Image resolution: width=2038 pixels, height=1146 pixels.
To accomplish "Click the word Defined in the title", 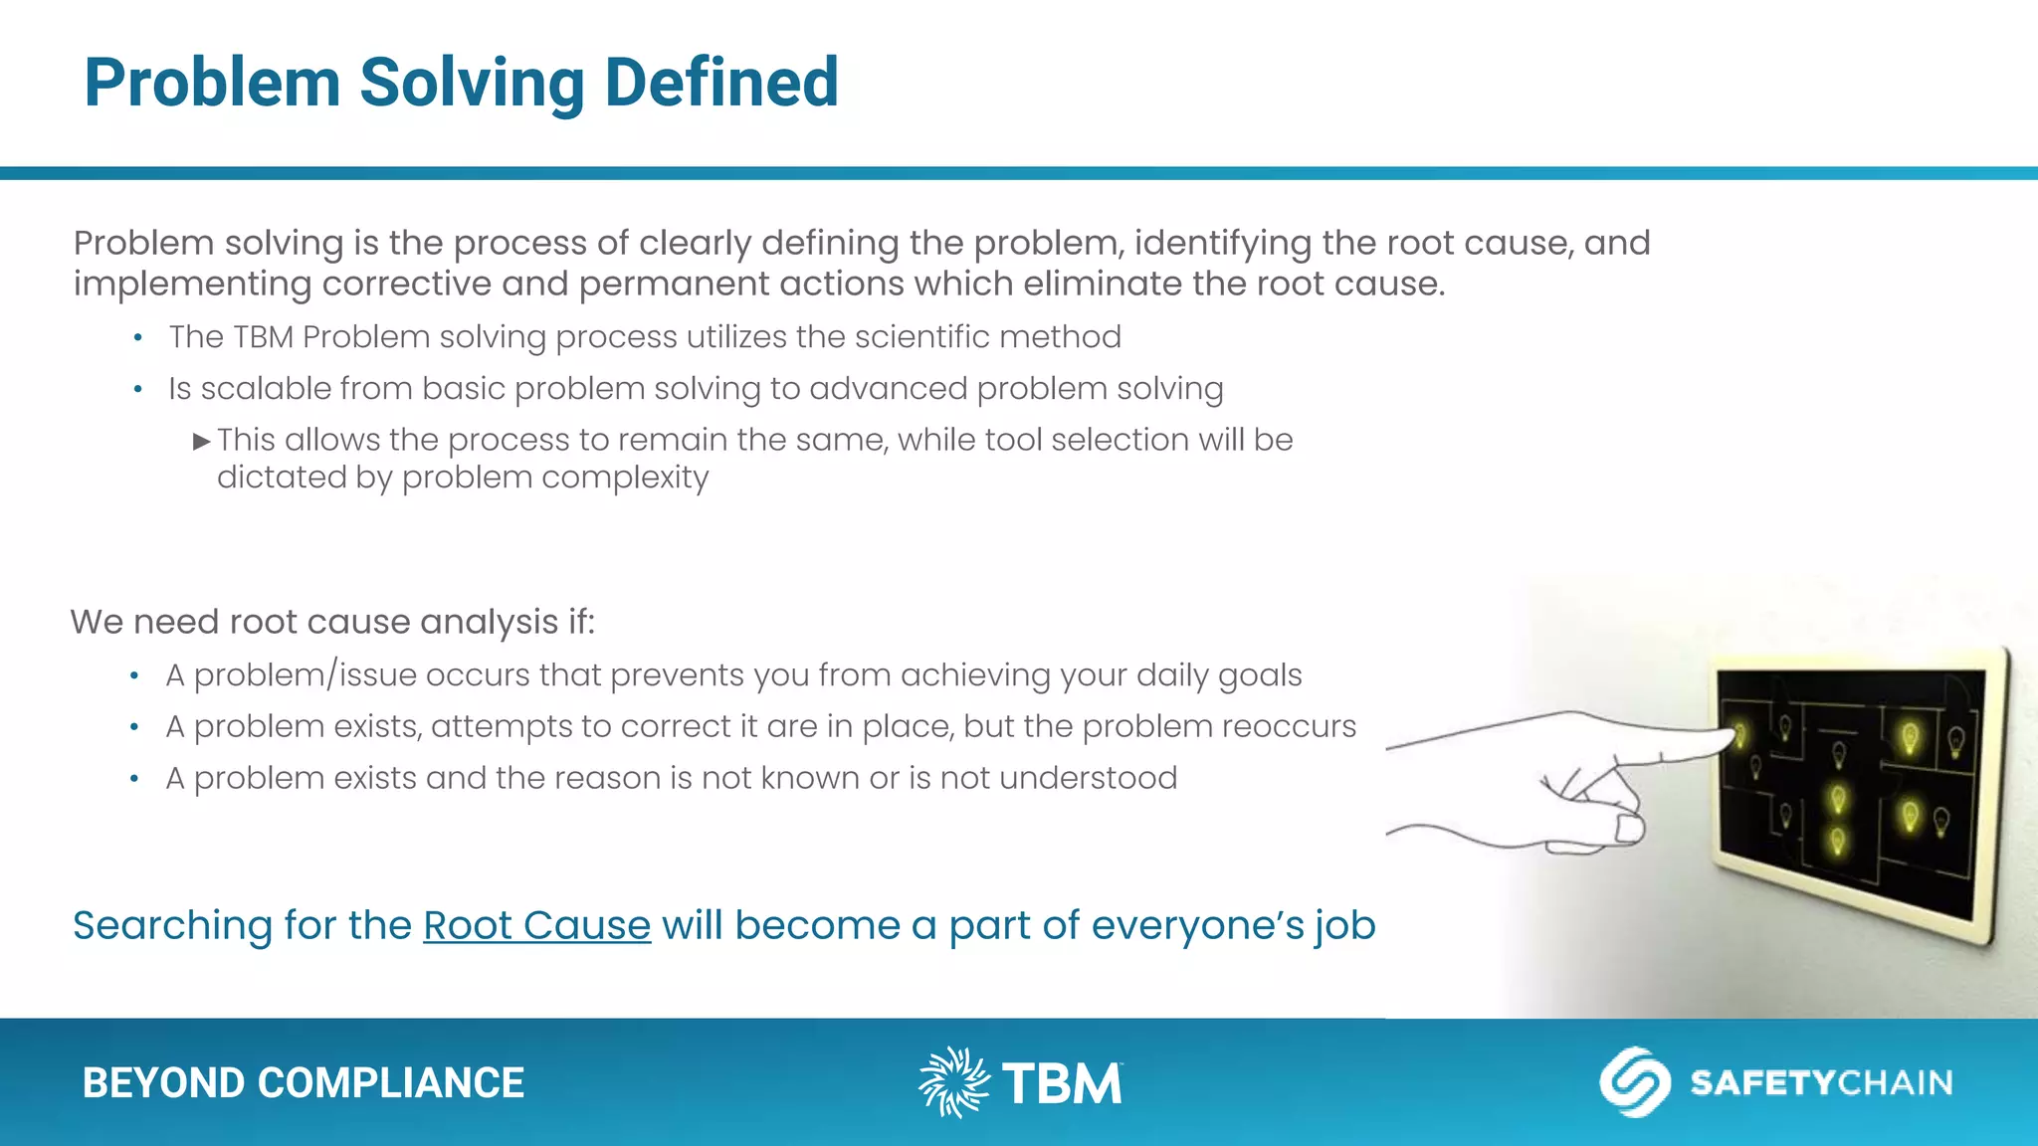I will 721,83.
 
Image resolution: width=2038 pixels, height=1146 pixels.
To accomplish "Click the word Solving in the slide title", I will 472,83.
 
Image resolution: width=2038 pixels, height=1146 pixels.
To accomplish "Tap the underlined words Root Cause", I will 536,925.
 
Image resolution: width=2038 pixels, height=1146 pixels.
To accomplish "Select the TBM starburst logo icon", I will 953,1082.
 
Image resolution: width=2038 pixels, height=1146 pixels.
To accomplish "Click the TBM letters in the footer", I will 1062,1084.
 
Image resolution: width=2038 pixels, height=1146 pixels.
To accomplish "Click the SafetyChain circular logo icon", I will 1634,1082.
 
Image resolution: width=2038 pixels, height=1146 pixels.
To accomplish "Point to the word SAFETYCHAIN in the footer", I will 1821,1082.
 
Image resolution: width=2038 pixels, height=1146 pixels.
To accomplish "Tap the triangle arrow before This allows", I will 202,441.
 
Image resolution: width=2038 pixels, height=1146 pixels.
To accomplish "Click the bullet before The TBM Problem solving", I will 138,338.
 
